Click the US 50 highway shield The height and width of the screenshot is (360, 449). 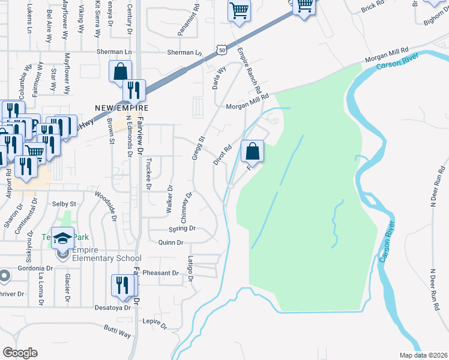click(222, 50)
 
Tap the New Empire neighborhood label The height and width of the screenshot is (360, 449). click(121, 108)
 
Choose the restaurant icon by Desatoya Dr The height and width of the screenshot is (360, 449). click(123, 286)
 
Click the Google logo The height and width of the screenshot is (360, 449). click(20, 353)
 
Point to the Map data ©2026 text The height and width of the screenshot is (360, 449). click(423, 355)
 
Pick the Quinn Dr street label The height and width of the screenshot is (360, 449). click(170, 242)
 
